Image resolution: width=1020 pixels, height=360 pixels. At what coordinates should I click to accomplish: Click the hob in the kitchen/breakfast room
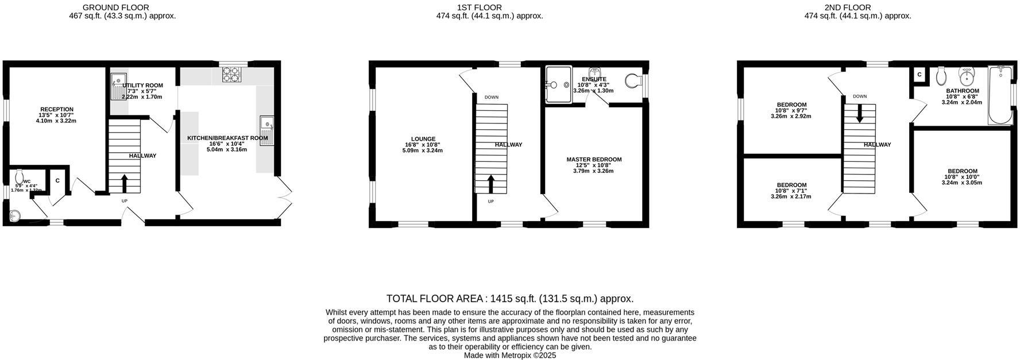click(x=232, y=75)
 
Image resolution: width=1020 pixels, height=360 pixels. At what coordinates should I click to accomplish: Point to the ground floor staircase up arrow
click(x=124, y=184)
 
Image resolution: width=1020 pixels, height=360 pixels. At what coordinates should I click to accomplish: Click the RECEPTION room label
click(x=56, y=109)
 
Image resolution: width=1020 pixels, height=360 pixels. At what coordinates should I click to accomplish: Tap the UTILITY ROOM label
click(x=142, y=86)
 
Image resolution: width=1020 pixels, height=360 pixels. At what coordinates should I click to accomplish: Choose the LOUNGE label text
click(x=423, y=139)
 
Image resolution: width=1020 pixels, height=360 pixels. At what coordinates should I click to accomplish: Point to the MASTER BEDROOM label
click(x=594, y=160)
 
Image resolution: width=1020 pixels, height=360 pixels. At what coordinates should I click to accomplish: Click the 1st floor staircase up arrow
click(x=490, y=184)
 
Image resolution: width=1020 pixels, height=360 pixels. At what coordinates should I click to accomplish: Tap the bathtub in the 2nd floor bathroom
click(x=1000, y=95)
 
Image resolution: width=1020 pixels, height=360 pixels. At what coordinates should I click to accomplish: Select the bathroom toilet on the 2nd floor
click(x=941, y=75)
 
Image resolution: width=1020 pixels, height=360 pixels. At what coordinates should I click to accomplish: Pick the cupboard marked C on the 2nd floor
click(x=919, y=75)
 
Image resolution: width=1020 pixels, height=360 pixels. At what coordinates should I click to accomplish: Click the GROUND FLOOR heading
click(x=116, y=7)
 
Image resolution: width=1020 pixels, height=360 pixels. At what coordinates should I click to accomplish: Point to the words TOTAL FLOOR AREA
click(x=435, y=299)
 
